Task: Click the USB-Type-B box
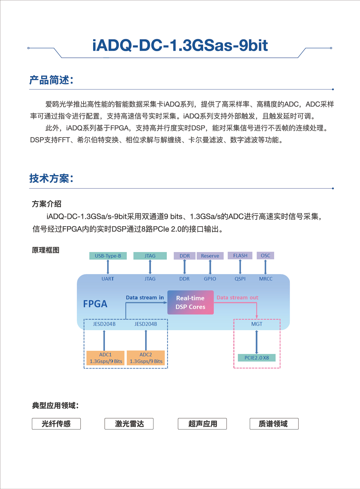[x=108, y=256]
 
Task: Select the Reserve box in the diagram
[x=210, y=256]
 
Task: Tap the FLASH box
[x=240, y=256]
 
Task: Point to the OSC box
[x=265, y=256]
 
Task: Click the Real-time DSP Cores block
[x=190, y=302]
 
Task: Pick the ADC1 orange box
[x=106, y=358]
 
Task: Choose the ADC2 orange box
[x=146, y=358]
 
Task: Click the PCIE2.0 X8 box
[x=257, y=357]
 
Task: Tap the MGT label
[x=257, y=324]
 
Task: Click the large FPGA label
[x=95, y=304]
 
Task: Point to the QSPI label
[x=240, y=279]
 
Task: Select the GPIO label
[x=210, y=279]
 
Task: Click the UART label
[x=108, y=279]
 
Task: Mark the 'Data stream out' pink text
[x=238, y=298]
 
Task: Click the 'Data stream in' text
[x=145, y=298]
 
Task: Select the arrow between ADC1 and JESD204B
[x=104, y=340]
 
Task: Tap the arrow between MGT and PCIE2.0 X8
[x=257, y=342]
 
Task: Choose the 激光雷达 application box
[x=129, y=424]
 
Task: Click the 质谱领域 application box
[x=274, y=424]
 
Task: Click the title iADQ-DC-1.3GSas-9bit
[x=180, y=45]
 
